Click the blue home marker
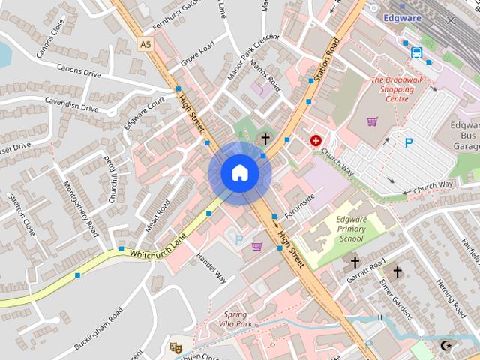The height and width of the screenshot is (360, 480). tap(239, 173)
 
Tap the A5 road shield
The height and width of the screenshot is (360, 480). tap(145, 44)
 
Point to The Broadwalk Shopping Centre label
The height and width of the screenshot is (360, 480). tap(392, 88)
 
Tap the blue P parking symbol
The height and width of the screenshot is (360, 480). tap(409, 142)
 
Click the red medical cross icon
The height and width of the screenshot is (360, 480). tap(316, 140)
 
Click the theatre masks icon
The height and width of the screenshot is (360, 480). tap(175, 347)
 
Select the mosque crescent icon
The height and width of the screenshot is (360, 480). tap(447, 346)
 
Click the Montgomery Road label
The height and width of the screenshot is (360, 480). tap(80, 208)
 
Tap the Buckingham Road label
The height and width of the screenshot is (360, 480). tap(98, 329)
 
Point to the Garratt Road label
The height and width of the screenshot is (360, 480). tap(365, 270)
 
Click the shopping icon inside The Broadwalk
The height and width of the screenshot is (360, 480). tap(372, 121)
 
